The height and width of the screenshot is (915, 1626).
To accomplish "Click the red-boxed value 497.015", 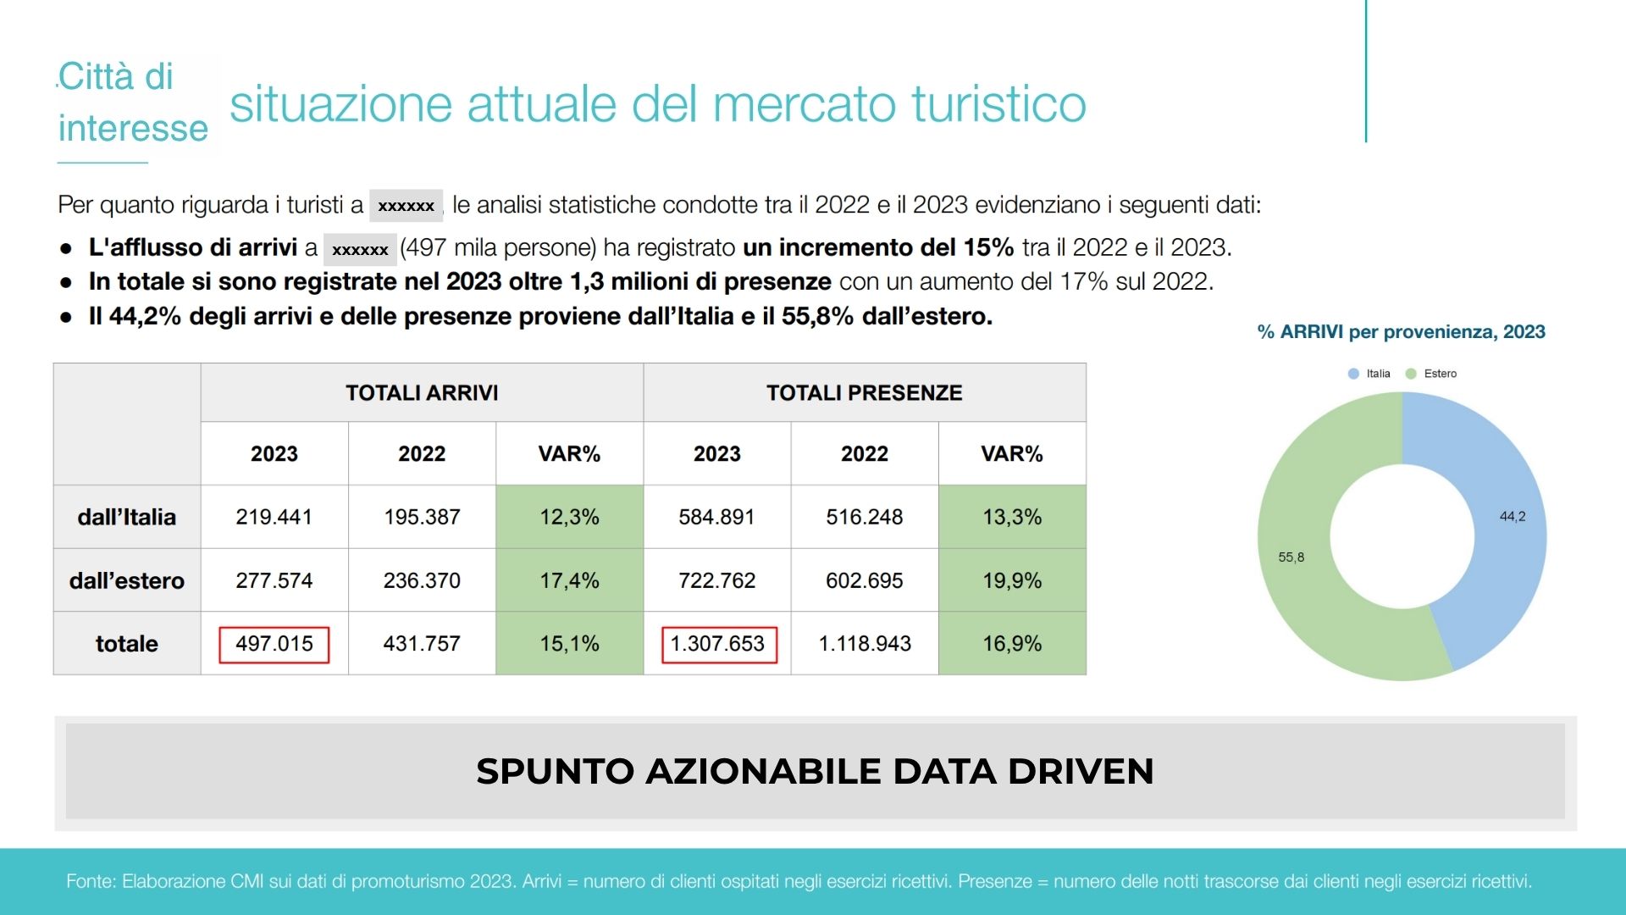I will click(x=274, y=644).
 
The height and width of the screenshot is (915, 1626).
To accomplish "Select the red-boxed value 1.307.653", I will click(x=717, y=644).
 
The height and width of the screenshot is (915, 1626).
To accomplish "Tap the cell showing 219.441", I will click(x=274, y=517).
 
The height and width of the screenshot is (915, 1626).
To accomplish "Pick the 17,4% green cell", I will click(x=569, y=580).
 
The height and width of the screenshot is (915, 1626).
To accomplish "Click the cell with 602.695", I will click(x=864, y=580).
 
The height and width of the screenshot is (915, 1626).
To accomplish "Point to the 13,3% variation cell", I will click(x=1011, y=517).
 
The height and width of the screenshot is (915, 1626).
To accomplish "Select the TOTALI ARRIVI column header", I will click(x=422, y=393).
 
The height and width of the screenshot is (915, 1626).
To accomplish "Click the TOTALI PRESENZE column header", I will click(x=864, y=393).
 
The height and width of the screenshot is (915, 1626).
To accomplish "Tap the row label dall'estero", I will click(x=127, y=580).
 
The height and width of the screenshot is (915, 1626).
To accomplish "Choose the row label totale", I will click(x=127, y=644).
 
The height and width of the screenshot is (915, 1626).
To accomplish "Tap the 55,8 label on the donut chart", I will click(x=1291, y=557).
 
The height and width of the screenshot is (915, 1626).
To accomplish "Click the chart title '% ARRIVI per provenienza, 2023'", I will click(x=1401, y=332).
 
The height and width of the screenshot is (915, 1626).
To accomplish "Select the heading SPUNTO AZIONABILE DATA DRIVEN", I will click(x=815, y=771).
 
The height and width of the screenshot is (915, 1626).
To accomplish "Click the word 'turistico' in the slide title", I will click(x=999, y=104).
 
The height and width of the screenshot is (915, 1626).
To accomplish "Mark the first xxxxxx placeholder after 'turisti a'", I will click(x=406, y=206).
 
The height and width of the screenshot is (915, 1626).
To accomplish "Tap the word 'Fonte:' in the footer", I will click(x=91, y=881).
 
